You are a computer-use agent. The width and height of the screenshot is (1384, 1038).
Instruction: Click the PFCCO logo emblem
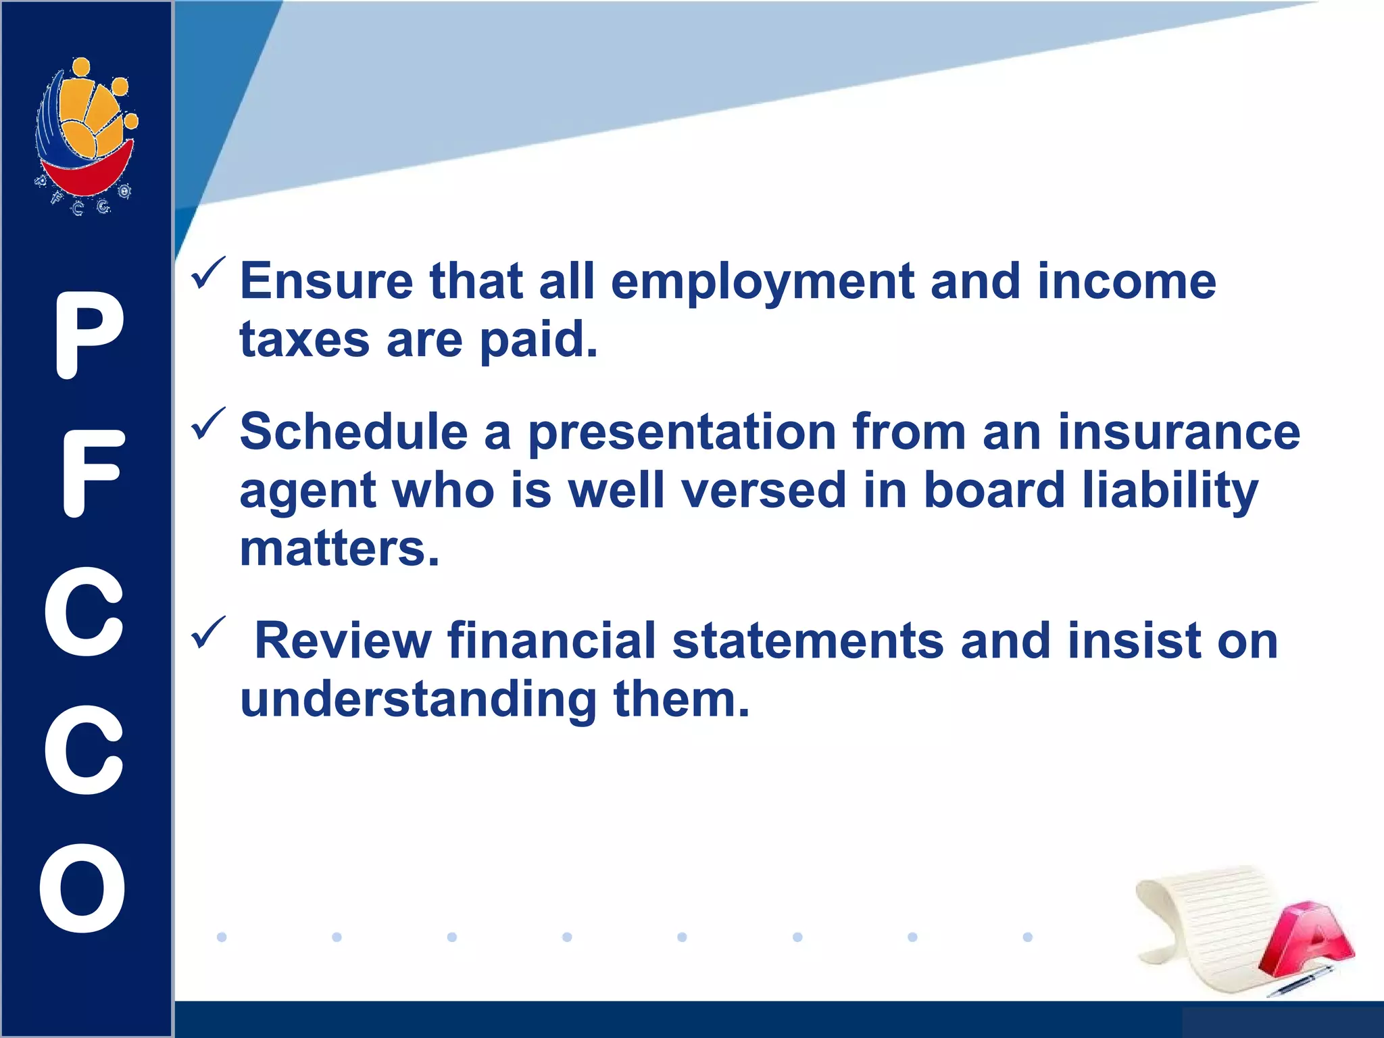(86, 135)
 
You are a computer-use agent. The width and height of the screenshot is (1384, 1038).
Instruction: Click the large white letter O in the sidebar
(82, 888)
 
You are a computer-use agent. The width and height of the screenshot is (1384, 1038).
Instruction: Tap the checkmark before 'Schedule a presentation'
(208, 424)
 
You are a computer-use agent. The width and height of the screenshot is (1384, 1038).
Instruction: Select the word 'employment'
(762, 282)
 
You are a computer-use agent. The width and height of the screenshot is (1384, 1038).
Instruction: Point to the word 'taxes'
(304, 339)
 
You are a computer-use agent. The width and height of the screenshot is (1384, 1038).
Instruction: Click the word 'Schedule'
(354, 432)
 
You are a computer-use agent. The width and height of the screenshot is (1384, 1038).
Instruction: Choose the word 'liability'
(1170, 491)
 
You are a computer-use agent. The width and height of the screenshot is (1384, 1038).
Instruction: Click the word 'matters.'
(340, 549)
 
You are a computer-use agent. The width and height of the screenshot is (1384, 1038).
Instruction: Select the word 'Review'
(343, 641)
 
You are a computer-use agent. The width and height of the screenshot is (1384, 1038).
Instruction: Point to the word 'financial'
(551, 641)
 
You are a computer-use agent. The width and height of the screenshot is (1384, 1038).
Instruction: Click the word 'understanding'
(418, 699)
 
